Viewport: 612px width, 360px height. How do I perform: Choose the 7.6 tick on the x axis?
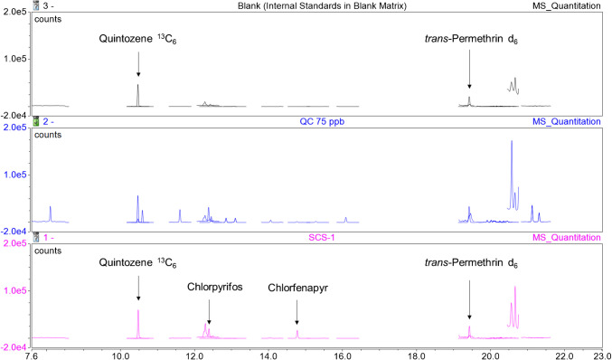coord(32,354)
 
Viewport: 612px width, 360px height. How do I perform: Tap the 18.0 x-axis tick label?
coord(416,354)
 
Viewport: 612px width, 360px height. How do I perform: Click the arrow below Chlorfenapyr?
coord(297,312)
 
